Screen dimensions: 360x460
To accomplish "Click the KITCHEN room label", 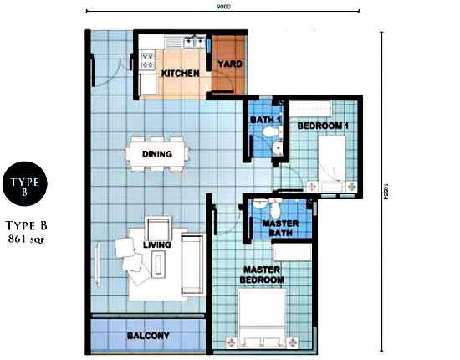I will point(180,74).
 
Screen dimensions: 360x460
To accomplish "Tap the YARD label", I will point(229,64).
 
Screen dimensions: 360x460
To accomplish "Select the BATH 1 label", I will point(264,120).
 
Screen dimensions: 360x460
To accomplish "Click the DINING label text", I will point(157,154).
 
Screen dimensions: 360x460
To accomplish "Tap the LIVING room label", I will point(156,244).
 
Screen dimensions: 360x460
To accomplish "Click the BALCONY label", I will point(148,336).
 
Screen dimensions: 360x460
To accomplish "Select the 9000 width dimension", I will point(223,7).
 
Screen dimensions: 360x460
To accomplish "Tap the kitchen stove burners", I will point(147,59).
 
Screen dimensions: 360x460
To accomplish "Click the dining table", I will point(157,154).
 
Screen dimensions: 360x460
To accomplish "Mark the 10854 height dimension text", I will point(386,191).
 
